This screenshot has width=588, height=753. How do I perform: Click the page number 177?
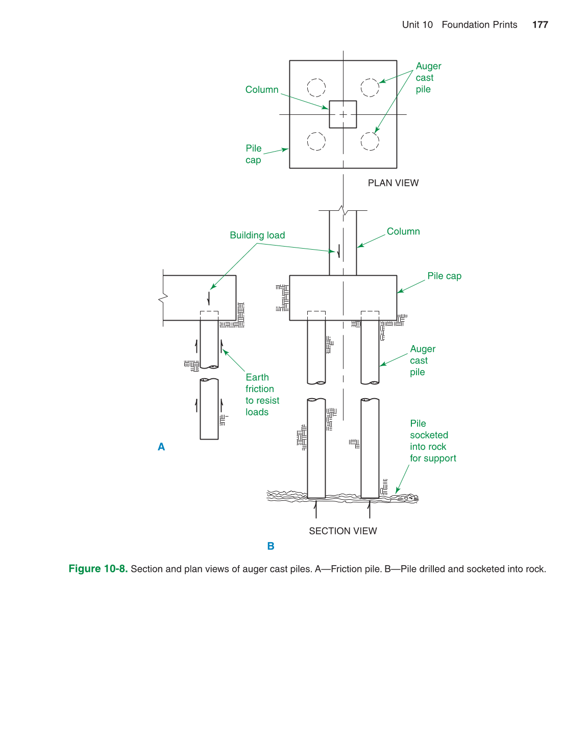(x=540, y=25)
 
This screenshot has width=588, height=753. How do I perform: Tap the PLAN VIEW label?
(x=393, y=183)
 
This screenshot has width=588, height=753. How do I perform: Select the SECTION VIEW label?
(x=342, y=531)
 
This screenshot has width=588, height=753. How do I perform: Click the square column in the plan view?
(x=343, y=114)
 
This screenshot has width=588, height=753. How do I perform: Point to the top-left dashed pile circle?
(x=316, y=87)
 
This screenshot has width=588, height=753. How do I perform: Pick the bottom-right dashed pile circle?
(x=370, y=141)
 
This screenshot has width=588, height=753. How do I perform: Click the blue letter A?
(x=161, y=447)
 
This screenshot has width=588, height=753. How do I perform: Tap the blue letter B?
(x=271, y=546)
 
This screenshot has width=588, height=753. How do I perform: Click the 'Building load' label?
(x=257, y=235)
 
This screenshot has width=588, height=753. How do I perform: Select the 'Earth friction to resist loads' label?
(x=262, y=395)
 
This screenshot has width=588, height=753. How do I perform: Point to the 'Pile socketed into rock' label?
(x=432, y=441)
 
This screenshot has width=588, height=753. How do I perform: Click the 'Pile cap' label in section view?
(x=444, y=276)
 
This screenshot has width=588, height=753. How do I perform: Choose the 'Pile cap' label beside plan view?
(x=253, y=154)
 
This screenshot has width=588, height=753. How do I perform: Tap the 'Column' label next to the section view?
(x=403, y=231)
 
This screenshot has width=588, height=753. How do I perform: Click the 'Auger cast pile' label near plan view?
(x=428, y=78)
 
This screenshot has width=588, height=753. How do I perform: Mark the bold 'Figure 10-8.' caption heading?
(x=98, y=569)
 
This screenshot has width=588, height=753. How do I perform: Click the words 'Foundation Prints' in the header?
(x=479, y=25)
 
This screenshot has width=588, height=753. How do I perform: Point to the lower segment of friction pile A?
(x=209, y=408)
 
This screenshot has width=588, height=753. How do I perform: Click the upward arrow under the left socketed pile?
(x=316, y=509)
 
